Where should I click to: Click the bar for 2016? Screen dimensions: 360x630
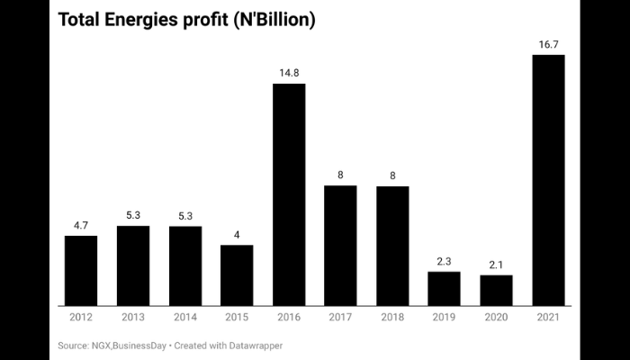click(x=289, y=194)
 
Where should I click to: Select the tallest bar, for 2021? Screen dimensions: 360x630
click(x=548, y=180)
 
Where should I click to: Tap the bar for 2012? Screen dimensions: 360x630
click(x=81, y=270)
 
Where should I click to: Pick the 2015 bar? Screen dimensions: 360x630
click(x=237, y=274)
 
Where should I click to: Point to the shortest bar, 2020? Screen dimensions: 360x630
click(x=496, y=290)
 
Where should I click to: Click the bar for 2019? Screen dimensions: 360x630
click(x=444, y=288)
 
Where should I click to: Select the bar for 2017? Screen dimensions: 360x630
click(x=340, y=245)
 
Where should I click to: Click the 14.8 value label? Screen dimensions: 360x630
click(x=289, y=73)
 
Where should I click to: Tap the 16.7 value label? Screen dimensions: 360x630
click(x=548, y=44)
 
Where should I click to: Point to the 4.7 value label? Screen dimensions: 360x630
click(x=81, y=224)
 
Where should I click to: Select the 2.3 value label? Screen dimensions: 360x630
click(x=444, y=260)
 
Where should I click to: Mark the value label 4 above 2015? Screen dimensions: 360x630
click(x=237, y=234)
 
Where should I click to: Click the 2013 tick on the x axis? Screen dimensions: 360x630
click(x=133, y=318)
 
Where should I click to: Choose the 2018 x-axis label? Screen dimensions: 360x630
click(x=392, y=318)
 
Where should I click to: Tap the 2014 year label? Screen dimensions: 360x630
click(x=184, y=318)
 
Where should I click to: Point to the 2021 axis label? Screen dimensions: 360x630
click(x=548, y=318)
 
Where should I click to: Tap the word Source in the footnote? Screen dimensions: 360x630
click(x=75, y=345)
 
